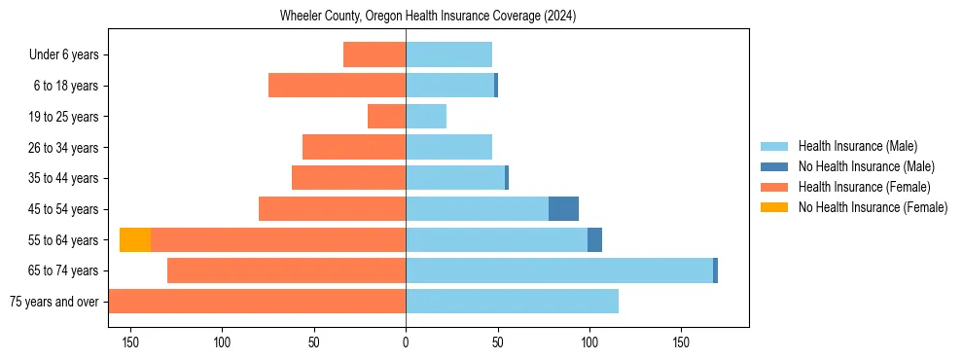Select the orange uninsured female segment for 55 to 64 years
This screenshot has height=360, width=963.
pos(135,239)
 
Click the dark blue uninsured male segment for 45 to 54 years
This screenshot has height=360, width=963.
pos(563,208)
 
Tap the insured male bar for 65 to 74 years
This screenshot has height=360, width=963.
pos(559,270)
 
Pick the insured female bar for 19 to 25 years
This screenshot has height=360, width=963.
pos(386,117)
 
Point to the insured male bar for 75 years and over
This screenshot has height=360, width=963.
pos(512,302)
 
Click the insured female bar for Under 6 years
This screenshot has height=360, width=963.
pos(374,54)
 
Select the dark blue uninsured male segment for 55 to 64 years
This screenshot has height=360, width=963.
pos(594,239)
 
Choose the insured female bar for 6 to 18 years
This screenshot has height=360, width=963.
pos(337,86)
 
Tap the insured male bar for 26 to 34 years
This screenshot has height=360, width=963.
pos(448,147)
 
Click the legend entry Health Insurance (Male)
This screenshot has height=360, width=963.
pos(857,146)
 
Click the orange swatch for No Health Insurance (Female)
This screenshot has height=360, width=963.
pos(775,207)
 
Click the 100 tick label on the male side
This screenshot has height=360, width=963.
pos(588,342)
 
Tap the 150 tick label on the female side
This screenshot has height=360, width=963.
pos(130,342)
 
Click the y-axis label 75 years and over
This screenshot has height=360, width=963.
pos(54,302)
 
